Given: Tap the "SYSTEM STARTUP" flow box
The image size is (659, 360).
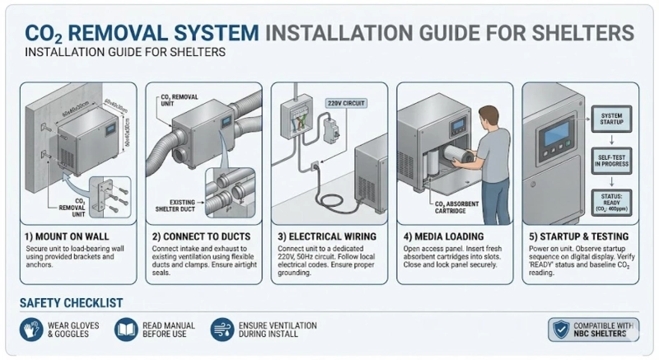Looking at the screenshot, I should (612, 119).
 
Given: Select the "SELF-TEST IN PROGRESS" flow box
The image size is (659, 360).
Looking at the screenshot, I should (612, 158).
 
